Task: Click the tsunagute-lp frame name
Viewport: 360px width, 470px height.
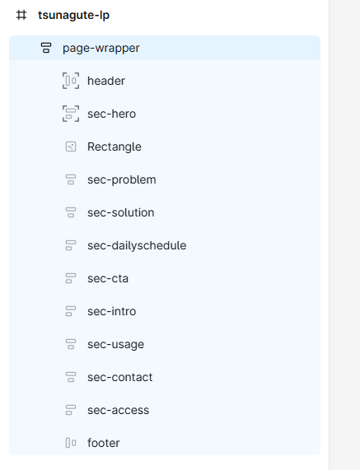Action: click(x=73, y=16)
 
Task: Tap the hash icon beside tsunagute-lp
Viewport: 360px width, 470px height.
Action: click(x=21, y=15)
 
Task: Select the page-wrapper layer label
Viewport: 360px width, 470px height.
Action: click(x=101, y=49)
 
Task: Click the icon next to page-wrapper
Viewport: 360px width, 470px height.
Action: click(x=46, y=48)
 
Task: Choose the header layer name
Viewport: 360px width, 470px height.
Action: click(x=106, y=81)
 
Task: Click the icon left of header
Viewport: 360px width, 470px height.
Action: click(x=71, y=81)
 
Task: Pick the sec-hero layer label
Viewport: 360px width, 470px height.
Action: click(x=111, y=114)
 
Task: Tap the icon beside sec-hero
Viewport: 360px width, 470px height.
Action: click(x=71, y=114)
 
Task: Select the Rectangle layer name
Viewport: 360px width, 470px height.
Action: click(x=115, y=147)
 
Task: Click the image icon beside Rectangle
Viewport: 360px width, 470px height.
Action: click(x=71, y=147)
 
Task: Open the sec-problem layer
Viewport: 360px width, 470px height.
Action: click(x=121, y=180)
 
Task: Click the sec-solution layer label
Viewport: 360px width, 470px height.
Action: click(x=120, y=212)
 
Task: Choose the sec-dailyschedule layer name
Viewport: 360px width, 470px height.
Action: click(x=137, y=246)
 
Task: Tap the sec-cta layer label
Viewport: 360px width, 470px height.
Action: click(x=108, y=278)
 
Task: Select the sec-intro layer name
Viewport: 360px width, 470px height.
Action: click(x=111, y=311)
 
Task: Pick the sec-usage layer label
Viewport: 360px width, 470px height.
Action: click(x=115, y=345)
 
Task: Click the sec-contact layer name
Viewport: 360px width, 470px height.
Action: click(x=119, y=377)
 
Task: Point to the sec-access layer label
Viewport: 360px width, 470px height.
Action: click(x=118, y=411)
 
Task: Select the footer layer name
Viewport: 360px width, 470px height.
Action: click(x=103, y=443)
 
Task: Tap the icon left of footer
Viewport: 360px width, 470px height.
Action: click(x=71, y=443)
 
